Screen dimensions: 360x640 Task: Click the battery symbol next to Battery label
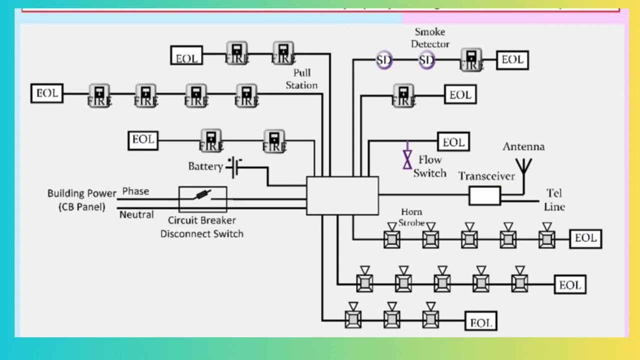point(233,167)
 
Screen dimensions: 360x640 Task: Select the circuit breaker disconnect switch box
point(202,199)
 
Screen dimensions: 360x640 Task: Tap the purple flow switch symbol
point(407,156)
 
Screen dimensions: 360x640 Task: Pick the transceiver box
point(484,196)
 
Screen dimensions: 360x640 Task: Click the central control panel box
point(342,195)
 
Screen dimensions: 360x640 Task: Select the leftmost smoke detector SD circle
point(384,60)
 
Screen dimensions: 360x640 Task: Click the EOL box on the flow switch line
point(453,142)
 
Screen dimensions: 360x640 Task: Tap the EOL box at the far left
point(46,93)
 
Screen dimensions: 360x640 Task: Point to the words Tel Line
point(554,200)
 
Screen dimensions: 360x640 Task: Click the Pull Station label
point(301,79)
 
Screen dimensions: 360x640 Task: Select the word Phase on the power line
point(135,191)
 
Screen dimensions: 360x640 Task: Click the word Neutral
point(136,214)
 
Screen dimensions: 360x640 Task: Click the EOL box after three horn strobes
point(480,322)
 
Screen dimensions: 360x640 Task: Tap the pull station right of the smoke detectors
point(471,59)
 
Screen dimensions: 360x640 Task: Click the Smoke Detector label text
point(430,38)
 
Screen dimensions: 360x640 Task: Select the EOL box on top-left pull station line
point(186,55)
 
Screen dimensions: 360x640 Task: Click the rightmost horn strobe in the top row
point(546,238)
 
